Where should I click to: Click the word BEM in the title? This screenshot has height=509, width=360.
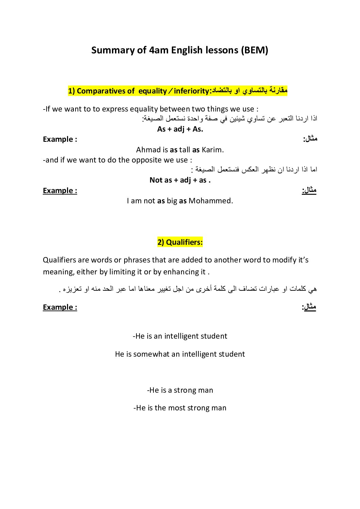pos(255,50)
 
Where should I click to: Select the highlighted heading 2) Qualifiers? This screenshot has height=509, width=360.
pos(180,242)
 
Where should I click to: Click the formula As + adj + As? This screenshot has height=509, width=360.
pos(180,129)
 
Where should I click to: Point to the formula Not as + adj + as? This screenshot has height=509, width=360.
pos(180,180)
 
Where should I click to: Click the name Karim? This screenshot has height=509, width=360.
pos(212,150)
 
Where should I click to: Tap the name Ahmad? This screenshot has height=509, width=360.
pos(148,150)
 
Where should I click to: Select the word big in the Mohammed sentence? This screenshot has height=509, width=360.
pos(172,201)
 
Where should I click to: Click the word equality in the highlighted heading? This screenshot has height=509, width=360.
pos(152,91)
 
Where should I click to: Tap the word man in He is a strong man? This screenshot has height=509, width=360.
pos(206,390)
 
